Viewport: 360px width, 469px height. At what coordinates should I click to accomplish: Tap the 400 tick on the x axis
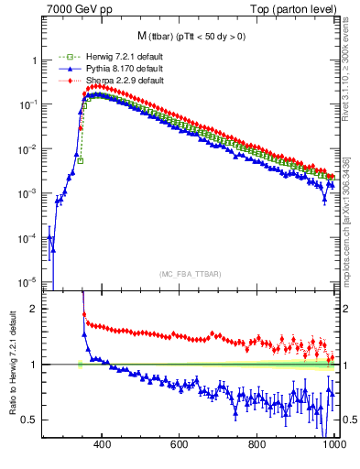[103, 446]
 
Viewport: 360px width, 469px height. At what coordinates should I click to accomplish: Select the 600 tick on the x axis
[180, 446]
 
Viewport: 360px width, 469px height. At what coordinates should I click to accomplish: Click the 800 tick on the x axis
[257, 446]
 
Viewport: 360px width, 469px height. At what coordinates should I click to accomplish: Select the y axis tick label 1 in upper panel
[34, 60]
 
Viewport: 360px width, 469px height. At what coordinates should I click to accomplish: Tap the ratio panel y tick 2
[34, 309]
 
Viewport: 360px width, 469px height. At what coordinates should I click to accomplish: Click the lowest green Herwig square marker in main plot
[81, 161]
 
